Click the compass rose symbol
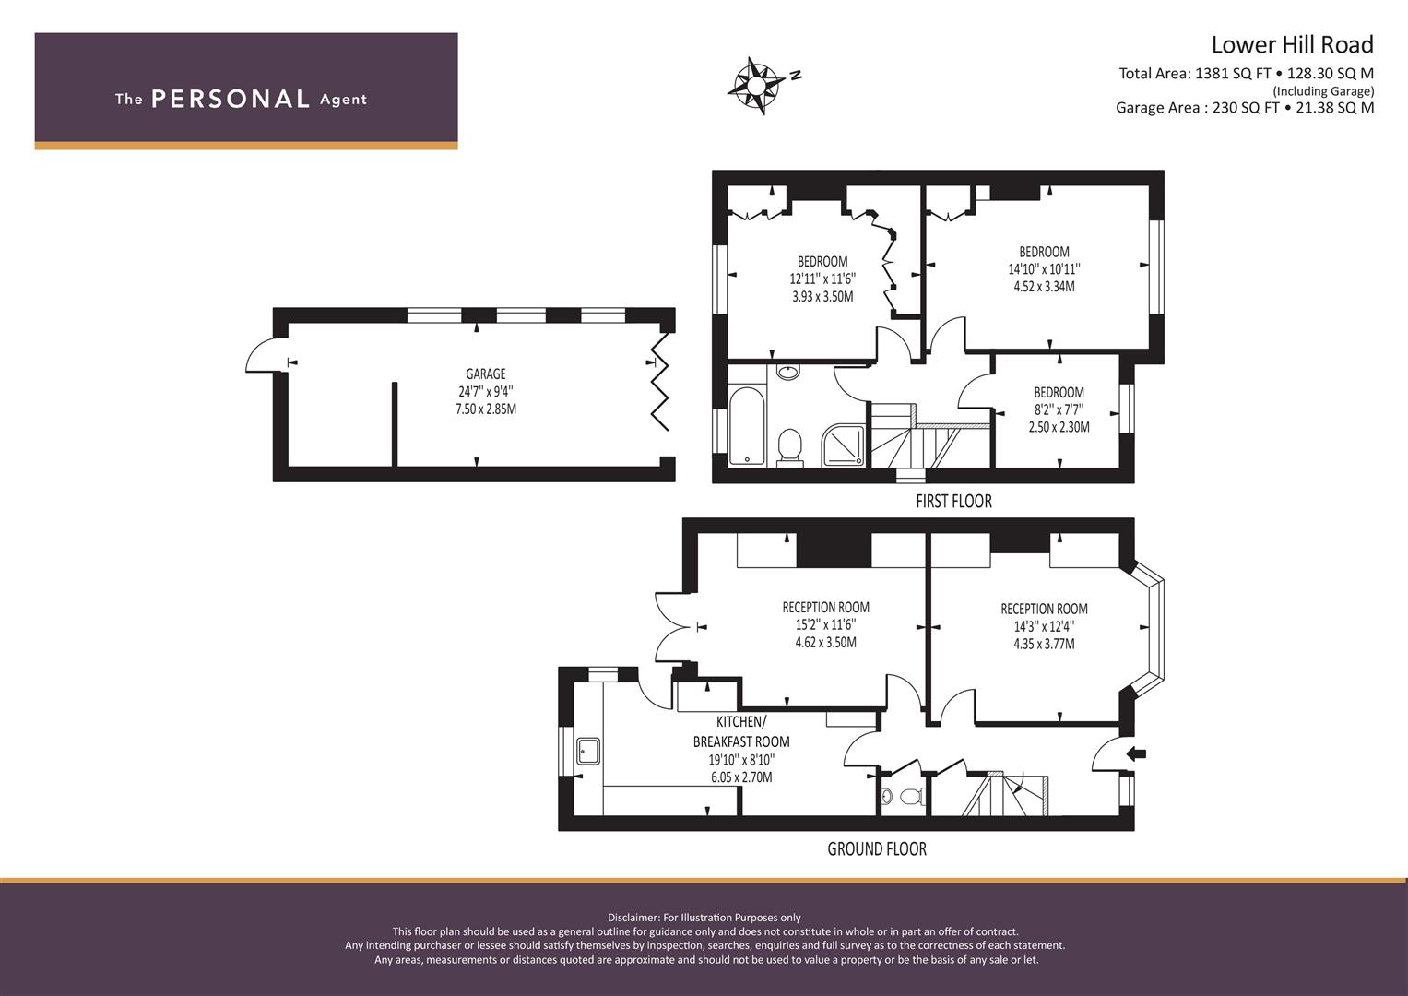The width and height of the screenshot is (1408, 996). (x=756, y=87)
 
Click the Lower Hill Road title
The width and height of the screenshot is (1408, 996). (x=1291, y=44)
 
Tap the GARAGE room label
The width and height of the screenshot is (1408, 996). (x=485, y=373)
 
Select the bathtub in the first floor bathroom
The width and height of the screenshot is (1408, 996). (x=746, y=425)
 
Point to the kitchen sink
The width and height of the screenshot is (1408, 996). (x=587, y=752)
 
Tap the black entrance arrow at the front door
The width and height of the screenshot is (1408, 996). (x=1137, y=753)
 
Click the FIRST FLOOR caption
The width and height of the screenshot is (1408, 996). (x=953, y=502)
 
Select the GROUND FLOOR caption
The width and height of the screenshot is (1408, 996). (x=876, y=848)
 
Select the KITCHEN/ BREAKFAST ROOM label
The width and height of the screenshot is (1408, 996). (x=741, y=731)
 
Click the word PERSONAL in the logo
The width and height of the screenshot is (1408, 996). (x=230, y=100)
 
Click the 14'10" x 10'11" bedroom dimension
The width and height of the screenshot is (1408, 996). (x=1044, y=269)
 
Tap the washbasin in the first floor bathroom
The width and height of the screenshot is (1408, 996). (x=788, y=373)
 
